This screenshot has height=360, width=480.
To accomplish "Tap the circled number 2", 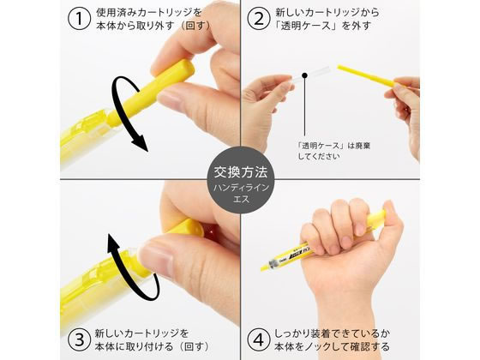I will click(x=256, y=20).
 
